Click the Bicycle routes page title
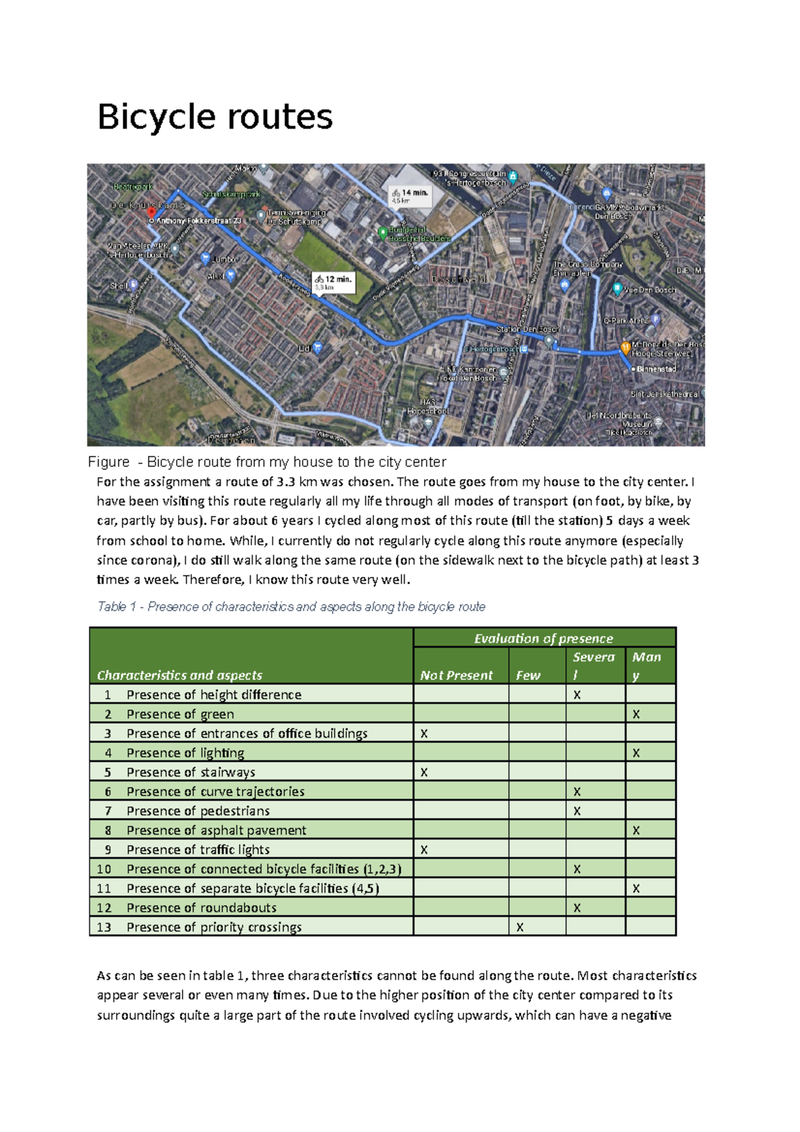click(x=215, y=117)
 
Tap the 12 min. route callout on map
click(x=334, y=283)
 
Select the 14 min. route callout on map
click(x=411, y=196)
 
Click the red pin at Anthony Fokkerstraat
click(x=151, y=212)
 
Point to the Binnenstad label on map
click(x=656, y=369)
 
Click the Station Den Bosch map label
click(x=527, y=329)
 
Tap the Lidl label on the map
click(x=305, y=348)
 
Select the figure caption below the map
click(x=267, y=462)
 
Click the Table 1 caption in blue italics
click(x=291, y=607)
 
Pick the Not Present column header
click(x=456, y=675)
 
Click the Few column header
click(x=527, y=675)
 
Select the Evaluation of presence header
click(x=543, y=639)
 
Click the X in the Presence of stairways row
click(x=424, y=773)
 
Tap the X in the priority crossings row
click(x=520, y=927)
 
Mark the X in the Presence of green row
click(x=636, y=715)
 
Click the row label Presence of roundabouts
click(x=201, y=908)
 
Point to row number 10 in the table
click(x=104, y=869)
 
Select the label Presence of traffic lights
click(x=198, y=850)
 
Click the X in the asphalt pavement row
click(x=636, y=831)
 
